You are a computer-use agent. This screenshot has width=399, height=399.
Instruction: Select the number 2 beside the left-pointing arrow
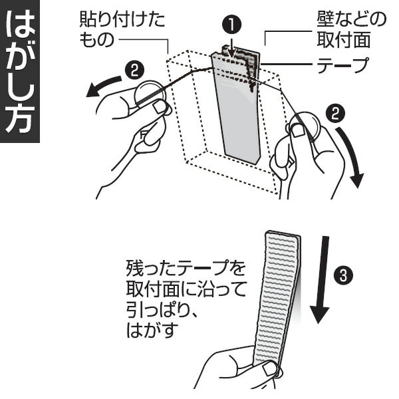134,69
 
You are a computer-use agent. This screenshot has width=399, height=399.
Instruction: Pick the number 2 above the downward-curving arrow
337,114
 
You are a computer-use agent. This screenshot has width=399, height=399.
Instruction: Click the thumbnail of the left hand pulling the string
160,107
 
